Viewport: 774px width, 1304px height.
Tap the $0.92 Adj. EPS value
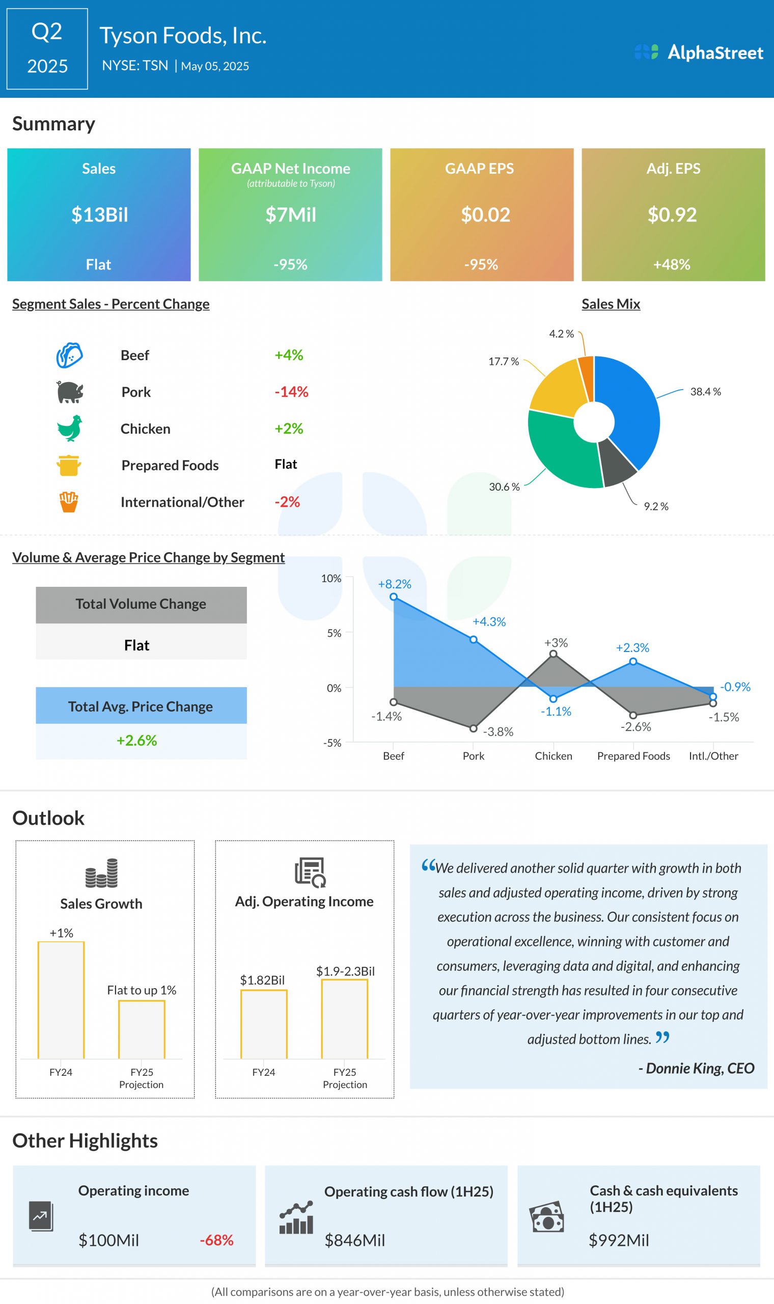[x=672, y=214]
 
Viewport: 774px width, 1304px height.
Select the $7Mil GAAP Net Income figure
[x=291, y=214]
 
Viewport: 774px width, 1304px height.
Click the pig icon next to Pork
[x=69, y=392]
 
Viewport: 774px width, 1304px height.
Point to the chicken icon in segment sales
[x=69, y=428]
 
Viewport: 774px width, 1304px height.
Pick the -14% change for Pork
[x=291, y=392]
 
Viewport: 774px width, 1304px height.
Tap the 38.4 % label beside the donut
[x=705, y=392]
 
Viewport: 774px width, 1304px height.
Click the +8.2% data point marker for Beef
[x=394, y=596]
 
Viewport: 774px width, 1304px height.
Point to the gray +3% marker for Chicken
[x=554, y=654]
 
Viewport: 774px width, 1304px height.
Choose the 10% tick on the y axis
[x=330, y=579]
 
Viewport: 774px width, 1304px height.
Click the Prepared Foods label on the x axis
[x=633, y=756]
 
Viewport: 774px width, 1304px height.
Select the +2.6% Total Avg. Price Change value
[x=136, y=740]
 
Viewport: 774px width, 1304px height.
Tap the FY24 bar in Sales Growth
[x=61, y=1000]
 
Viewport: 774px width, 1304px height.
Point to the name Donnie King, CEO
[x=696, y=1068]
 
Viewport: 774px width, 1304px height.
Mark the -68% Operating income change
[x=216, y=1240]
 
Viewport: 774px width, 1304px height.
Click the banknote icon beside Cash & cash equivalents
[x=546, y=1217]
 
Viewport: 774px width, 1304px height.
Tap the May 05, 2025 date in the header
[x=215, y=66]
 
